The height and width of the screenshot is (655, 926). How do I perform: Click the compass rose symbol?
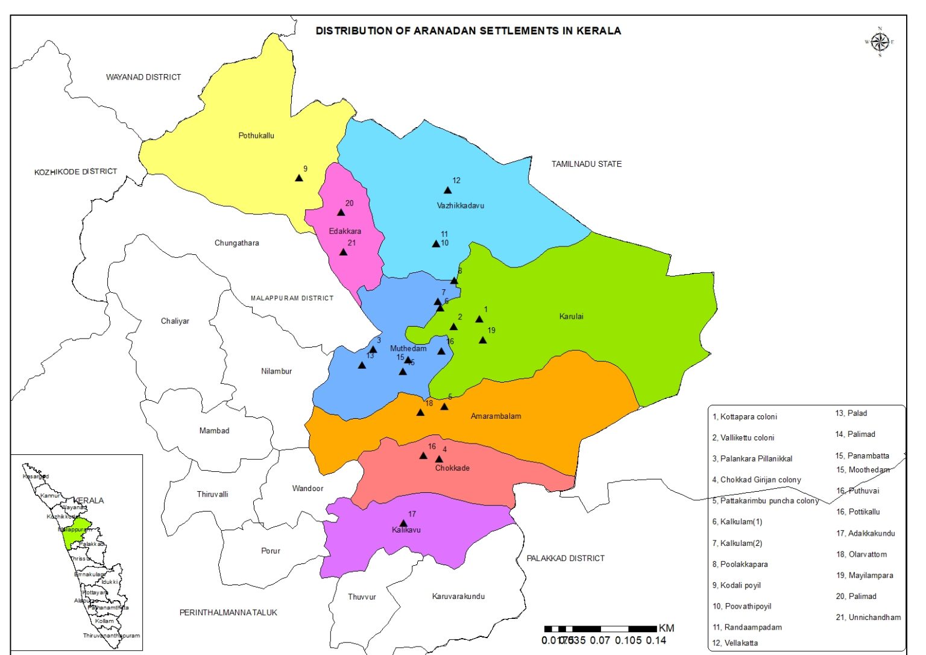(x=880, y=42)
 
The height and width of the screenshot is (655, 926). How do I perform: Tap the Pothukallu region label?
(x=256, y=136)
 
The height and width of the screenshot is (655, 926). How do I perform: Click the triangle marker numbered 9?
(x=299, y=178)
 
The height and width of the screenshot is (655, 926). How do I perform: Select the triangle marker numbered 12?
(x=448, y=190)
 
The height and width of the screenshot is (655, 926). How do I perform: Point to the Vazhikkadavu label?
(x=460, y=205)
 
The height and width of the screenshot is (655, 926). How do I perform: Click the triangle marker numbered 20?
(x=341, y=212)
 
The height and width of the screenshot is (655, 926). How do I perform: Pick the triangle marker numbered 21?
(x=344, y=252)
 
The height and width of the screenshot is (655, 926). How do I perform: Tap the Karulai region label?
(x=571, y=316)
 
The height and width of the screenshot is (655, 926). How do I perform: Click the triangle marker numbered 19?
(x=483, y=340)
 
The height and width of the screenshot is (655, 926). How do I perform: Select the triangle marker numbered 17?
(x=404, y=524)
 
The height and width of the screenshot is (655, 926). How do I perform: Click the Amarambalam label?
(x=496, y=416)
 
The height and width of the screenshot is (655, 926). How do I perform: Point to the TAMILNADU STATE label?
(x=586, y=164)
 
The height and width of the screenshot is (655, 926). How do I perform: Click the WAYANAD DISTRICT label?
(x=143, y=77)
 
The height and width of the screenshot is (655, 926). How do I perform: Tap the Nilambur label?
(x=276, y=371)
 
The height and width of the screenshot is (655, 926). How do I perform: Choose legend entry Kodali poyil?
(x=736, y=585)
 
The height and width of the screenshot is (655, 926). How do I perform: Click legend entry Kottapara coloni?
(x=745, y=416)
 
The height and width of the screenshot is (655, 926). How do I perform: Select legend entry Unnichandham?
(x=868, y=617)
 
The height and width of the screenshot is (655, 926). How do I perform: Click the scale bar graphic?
(x=600, y=629)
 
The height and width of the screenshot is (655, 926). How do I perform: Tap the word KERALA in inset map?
(x=89, y=501)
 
